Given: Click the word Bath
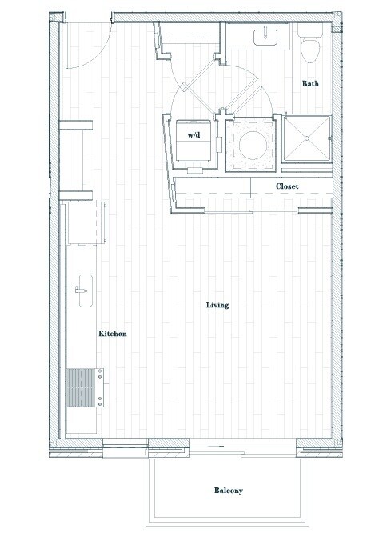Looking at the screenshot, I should (x=311, y=83).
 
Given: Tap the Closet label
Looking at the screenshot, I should (x=287, y=186).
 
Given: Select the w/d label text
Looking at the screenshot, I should (x=194, y=136).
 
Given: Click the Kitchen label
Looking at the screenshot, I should (x=113, y=334).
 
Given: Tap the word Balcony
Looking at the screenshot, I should (x=228, y=491).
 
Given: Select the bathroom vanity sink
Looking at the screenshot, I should (x=265, y=36).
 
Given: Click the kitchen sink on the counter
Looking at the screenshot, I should (x=84, y=288).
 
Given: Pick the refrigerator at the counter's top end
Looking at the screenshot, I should (x=85, y=220).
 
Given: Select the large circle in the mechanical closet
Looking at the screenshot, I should (x=250, y=144).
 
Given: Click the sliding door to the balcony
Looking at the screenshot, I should (x=224, y=446).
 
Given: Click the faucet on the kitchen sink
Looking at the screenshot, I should (x=79, y=289).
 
